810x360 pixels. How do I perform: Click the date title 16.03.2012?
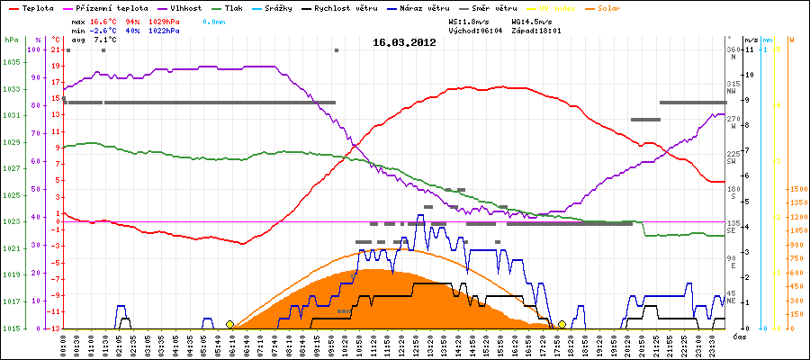pos(405,41)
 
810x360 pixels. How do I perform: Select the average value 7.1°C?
pos(103,40)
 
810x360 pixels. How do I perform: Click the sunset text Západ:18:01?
pos(536,30)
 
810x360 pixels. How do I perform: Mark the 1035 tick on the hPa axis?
pos(11,62)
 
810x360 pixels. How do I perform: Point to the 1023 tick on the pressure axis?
pos(11,221)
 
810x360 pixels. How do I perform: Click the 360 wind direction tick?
pos(733,49)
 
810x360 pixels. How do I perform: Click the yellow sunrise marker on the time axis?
pos(229,324)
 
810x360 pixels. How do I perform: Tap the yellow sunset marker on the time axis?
pos(562,324)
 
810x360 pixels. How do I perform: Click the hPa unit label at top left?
pos(11,40)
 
